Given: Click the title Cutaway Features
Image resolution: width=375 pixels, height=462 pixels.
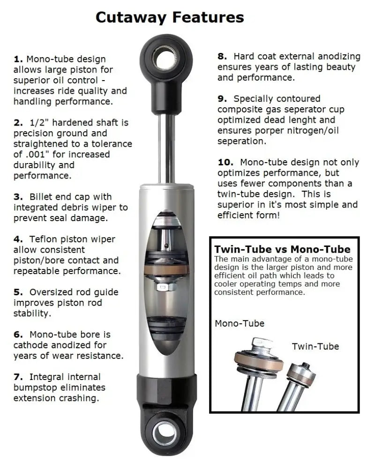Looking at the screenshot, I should point(170,17).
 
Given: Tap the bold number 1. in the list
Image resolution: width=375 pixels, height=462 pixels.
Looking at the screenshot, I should point(18,59).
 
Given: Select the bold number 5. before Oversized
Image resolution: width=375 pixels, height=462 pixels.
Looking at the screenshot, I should point(18,292).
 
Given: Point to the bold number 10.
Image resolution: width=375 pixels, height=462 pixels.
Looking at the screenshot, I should point(225,162).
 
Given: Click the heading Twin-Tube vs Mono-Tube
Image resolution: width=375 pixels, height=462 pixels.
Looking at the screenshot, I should point(282,249).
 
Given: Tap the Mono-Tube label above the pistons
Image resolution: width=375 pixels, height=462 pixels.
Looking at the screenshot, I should point(239,323).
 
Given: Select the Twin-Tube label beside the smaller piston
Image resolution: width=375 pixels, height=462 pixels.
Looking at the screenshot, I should point(315,346).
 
